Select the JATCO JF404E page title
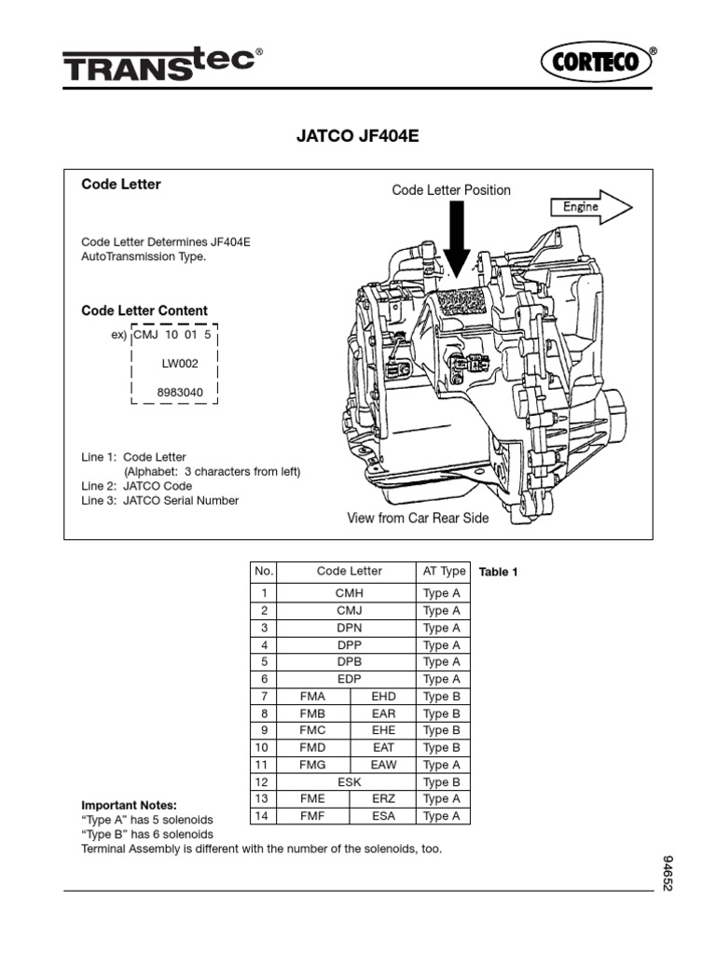(x=358, y=136)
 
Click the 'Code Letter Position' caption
(x=451, y=190)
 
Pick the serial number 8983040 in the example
(x=179, y=393)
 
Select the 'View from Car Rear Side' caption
(x=418, y=519)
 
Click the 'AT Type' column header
(x=443, y=571)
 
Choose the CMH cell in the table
(x=349, y=593)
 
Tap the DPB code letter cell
(x=349, y=662)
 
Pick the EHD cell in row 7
(x=383, y=697)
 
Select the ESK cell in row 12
(x=349, y=782)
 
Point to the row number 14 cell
(x=264, y=816)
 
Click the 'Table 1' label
(x=498, y=573)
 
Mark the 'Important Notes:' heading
(x=129, y=804)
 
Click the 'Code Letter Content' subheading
(x=145, y=311)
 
